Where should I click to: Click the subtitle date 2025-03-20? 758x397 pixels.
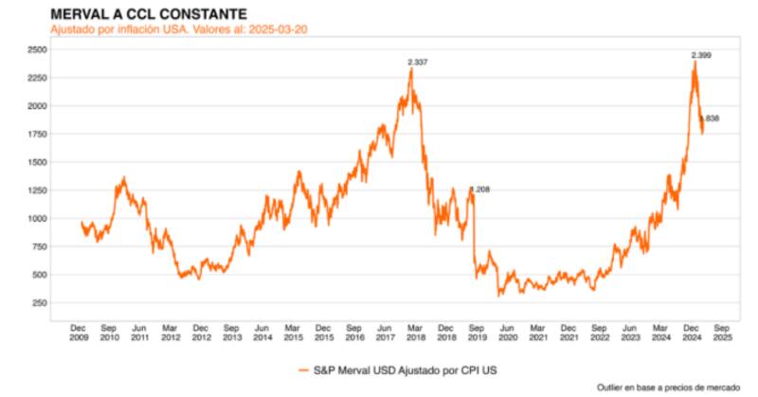tap(280, 29)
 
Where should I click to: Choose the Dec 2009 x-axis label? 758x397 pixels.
tap(80, 331)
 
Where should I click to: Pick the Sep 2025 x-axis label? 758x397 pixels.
tap(721, 331)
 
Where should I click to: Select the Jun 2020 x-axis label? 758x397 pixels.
tap(508, 331)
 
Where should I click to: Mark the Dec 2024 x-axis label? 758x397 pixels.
tap(693, 331)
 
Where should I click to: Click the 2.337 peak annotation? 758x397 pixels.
tap(418, 63)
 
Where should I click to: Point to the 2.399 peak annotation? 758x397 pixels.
tap(701, 56)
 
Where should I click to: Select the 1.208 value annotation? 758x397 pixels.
tap(479, 189)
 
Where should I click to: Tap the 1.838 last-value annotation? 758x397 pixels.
tap(711, 118)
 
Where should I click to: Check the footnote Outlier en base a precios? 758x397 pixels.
tap(668, 388)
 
